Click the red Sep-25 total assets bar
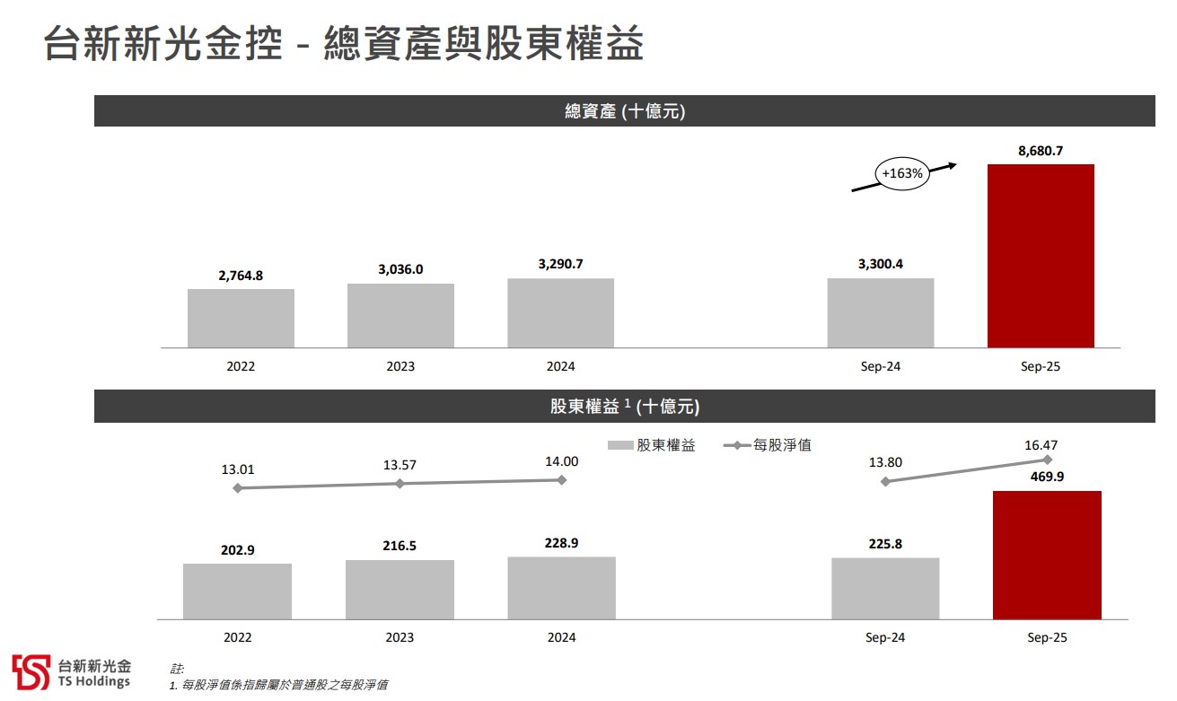pyautogui.click(x=1041, y=256)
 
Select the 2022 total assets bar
pyautogui.click(x=241, y=318)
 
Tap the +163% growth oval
pyautogui.click(x=902, y=173)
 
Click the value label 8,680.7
pyautogui.click(x=1041, y=151)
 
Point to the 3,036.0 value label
pyautogui.click(x=400, y=269)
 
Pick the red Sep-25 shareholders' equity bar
pyautogui.click(x=1047, y=555)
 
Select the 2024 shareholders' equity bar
pyautogui.click(x=561, y=588)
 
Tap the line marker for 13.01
pyautogui.click(x=238, y=488)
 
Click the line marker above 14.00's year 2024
pyautogui.click(x=562, y=480)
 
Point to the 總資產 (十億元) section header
pyautogui.click(x=624, y=111)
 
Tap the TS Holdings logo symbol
pyautogui.click(x=31, y=672)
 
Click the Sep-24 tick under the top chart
pyautogui.click(x=880, y=366)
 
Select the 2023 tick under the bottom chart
pyautogui.click(x=400, y=637)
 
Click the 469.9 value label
pyautogui.click(x=1047, y=477)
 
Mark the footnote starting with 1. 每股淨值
pyautogui.click(x=278, y=685)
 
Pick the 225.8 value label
pyautogui.click(x=885, y=543)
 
